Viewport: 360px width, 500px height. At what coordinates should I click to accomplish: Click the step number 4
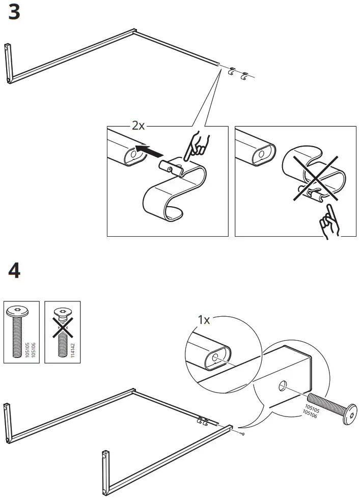14,271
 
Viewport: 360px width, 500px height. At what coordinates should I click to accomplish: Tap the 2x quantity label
138,126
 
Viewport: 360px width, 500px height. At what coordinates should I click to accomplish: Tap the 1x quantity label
203,320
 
